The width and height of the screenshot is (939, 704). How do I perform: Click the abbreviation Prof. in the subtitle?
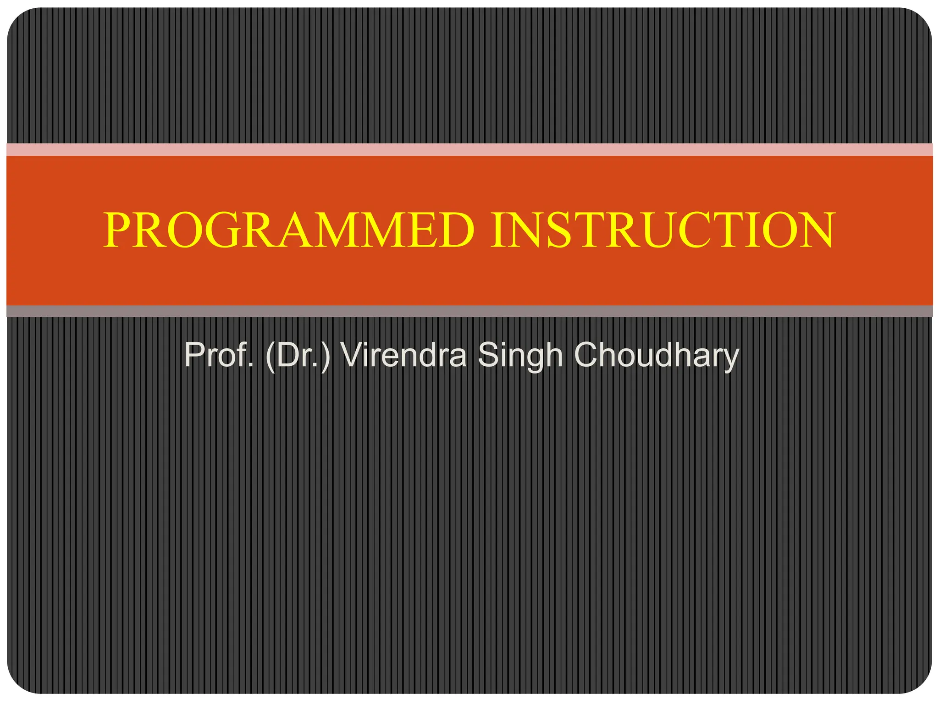tap(219, 355)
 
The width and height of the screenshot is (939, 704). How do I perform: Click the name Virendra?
tap(403, 355)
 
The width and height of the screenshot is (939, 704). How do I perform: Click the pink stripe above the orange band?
tap(469, 150)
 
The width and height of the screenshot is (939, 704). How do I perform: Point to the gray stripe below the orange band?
tap(469, 311)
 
